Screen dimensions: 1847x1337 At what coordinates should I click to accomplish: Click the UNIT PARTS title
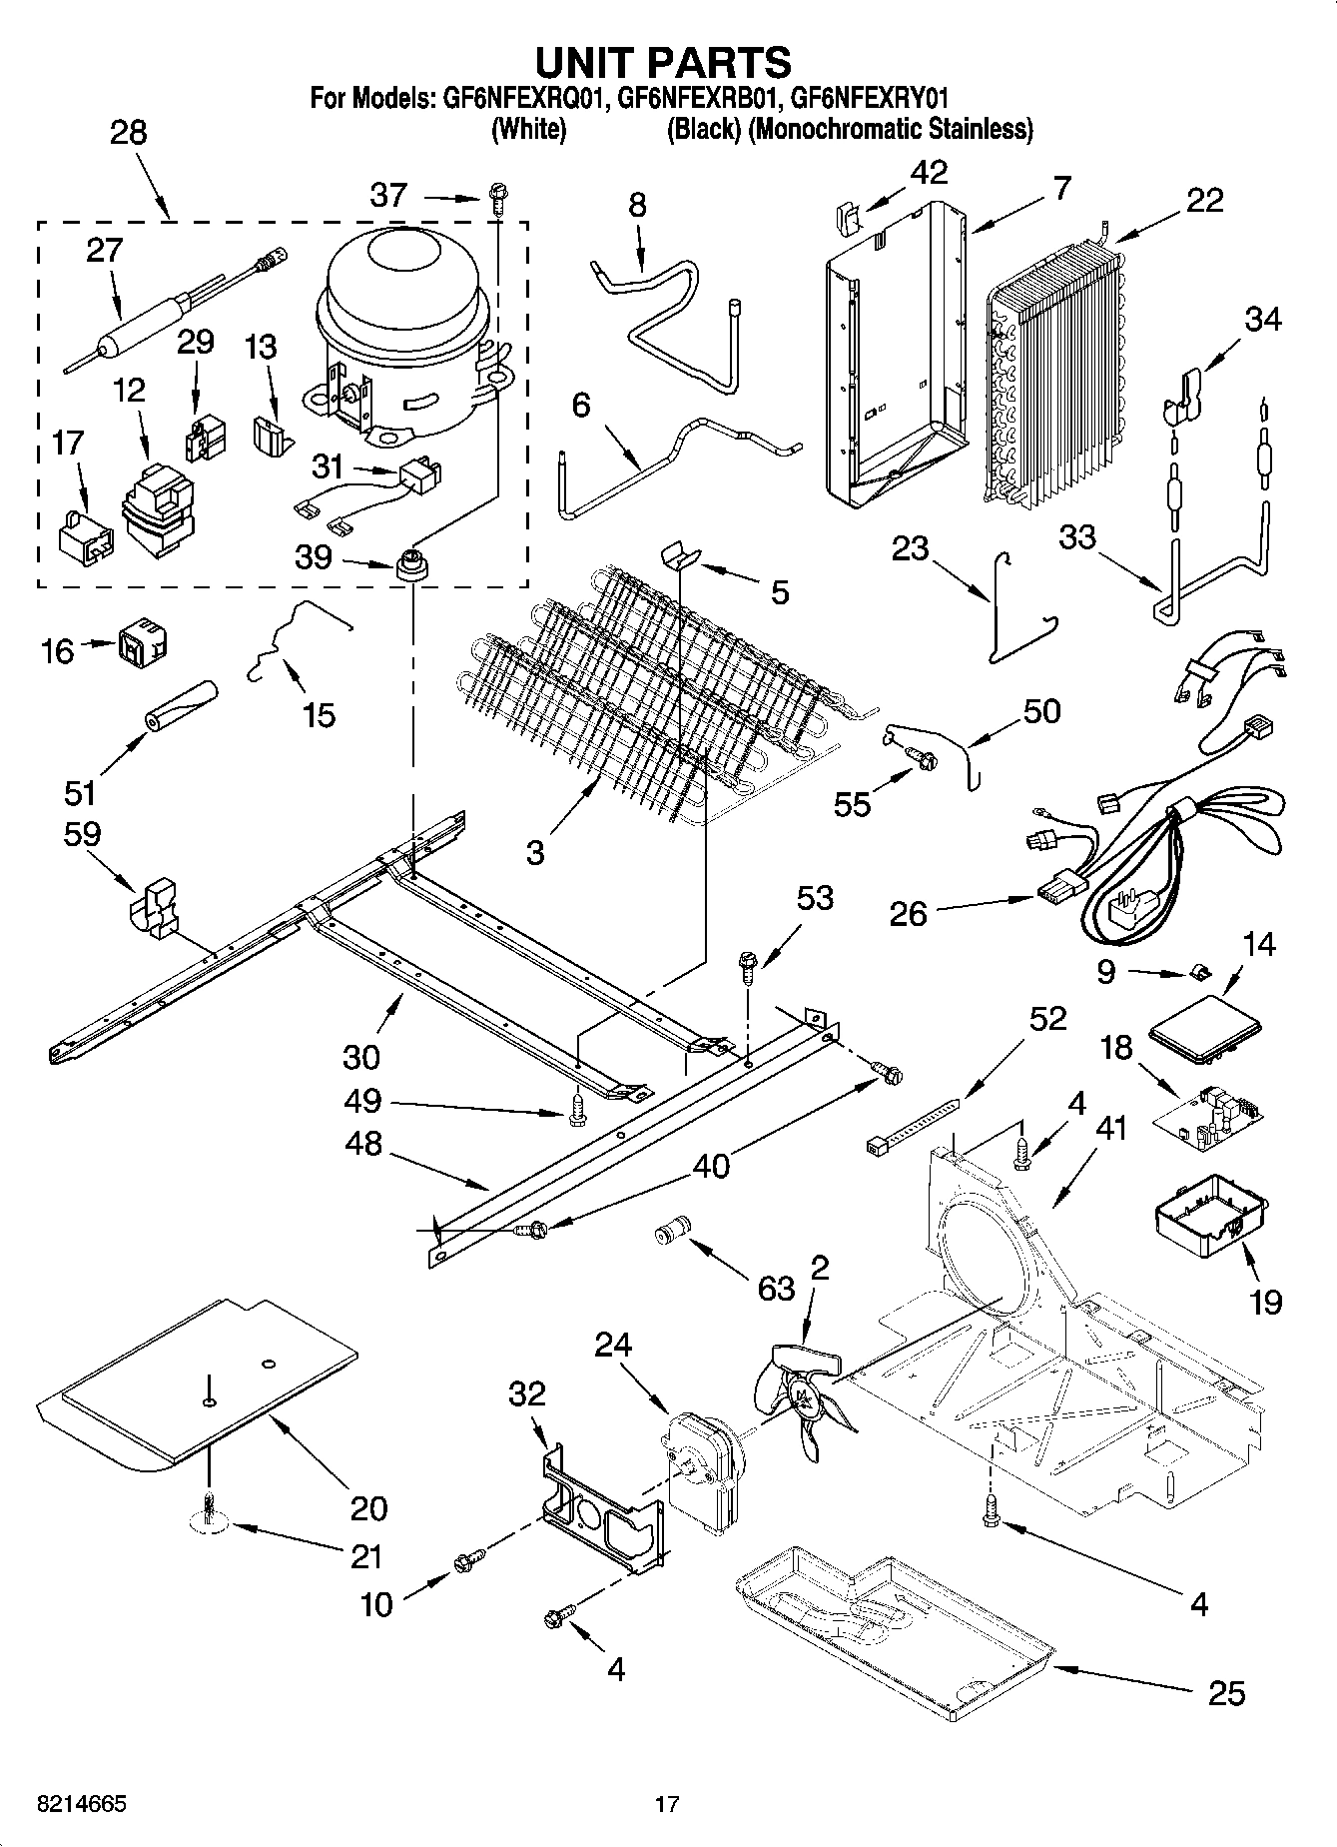(x=664, y=62)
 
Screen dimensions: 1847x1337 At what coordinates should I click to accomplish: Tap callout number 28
(x=128, y=133)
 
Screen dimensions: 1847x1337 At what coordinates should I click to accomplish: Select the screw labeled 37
(x=496, y=199)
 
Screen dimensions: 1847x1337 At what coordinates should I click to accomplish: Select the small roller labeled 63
(x=673, y=1230)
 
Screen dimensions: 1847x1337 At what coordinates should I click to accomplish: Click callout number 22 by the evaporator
(x=1204, y=200)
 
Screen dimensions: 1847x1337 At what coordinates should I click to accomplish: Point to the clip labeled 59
(x=154, y=908)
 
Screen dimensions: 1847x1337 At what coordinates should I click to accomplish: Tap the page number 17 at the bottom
(x=667, y=1803)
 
